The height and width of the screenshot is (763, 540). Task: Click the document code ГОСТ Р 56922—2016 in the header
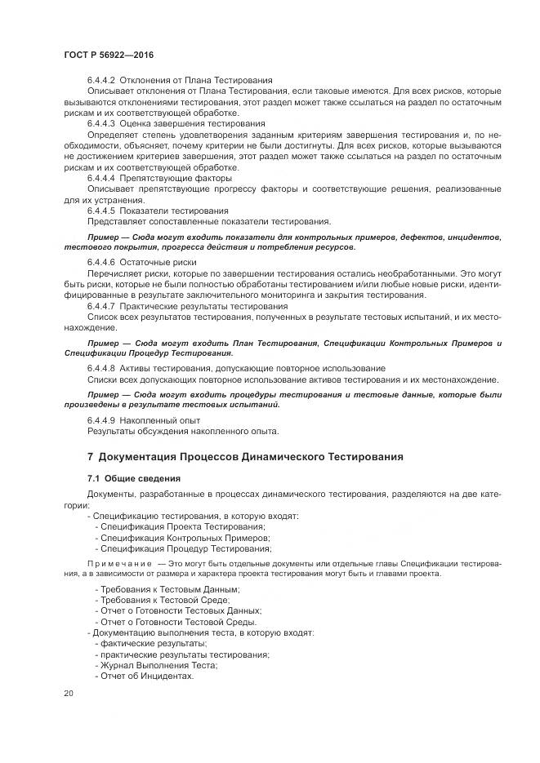(x=109, y=54)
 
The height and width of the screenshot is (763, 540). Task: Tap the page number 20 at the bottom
(x=69, y=694)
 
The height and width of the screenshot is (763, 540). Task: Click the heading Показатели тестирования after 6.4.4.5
(x=174, y=211)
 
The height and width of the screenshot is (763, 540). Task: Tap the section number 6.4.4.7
(x=103, y=305)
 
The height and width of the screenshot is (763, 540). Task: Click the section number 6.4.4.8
(x=103, y=369)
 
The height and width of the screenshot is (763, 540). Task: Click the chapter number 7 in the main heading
(x=91, y=455)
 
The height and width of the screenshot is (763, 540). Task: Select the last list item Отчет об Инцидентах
(x=147, y=676)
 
